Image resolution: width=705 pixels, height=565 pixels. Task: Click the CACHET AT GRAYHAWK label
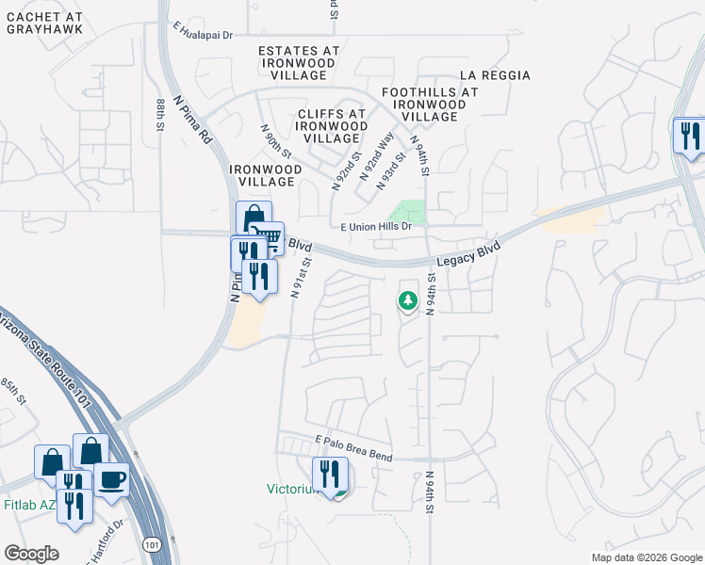(44, 24)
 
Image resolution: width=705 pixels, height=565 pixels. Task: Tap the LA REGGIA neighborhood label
(495, 75)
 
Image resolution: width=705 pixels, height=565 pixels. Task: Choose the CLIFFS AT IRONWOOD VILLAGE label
(331, 126)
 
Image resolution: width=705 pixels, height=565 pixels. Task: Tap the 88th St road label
(161, 113)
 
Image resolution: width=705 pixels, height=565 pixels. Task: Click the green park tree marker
(407, 300)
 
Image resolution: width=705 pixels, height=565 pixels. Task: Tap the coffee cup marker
(112, 479)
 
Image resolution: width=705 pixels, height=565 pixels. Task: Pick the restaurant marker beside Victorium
(330, 473)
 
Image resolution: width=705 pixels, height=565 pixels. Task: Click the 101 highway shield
(153, 545)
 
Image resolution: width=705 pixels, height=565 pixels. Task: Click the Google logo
(31, 553)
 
